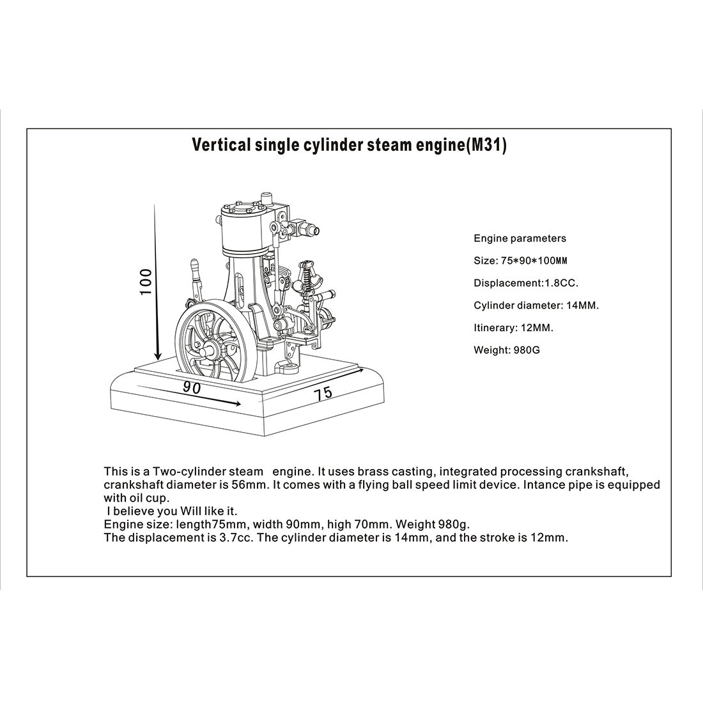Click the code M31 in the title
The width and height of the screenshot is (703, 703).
coord(485,146)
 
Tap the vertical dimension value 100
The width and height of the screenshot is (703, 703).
coord(146,281)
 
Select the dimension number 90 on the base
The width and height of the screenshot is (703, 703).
coord(192,387)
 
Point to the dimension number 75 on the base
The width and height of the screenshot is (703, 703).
coord(323,393)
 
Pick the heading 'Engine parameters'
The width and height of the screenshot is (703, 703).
coord(520,238)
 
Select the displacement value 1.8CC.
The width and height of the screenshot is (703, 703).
coord(561,283)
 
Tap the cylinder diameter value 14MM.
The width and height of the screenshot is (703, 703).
coord(582,305)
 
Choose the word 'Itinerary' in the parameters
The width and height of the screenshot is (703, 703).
coord(494,328)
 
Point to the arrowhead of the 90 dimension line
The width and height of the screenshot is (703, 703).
coord(237,403)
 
